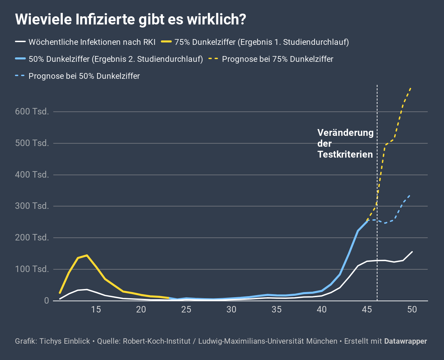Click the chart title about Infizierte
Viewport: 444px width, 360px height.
(x=130, y=19)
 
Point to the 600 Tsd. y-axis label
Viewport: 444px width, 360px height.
(x=32, y=111)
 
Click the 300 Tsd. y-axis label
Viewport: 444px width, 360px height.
(x=32, y=206)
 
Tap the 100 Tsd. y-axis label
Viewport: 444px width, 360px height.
(x=32, y=269)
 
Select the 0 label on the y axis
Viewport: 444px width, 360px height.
(x=47, y=301)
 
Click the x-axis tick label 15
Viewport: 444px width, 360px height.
(x=96, y=310)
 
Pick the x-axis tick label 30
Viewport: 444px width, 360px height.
(x=232, y=310)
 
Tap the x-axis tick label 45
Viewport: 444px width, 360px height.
(x=367, y=310)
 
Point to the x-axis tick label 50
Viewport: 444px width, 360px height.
(x=412, y=310)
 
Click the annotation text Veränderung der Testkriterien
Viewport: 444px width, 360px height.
(x=345, y=143)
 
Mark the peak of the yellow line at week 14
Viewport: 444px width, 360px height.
(x=87, y=255)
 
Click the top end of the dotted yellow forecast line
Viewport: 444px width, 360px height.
(x=411, y=88)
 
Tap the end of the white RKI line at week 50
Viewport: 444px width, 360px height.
(x=412, y=252)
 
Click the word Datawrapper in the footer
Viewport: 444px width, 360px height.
(x=406, y=341)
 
